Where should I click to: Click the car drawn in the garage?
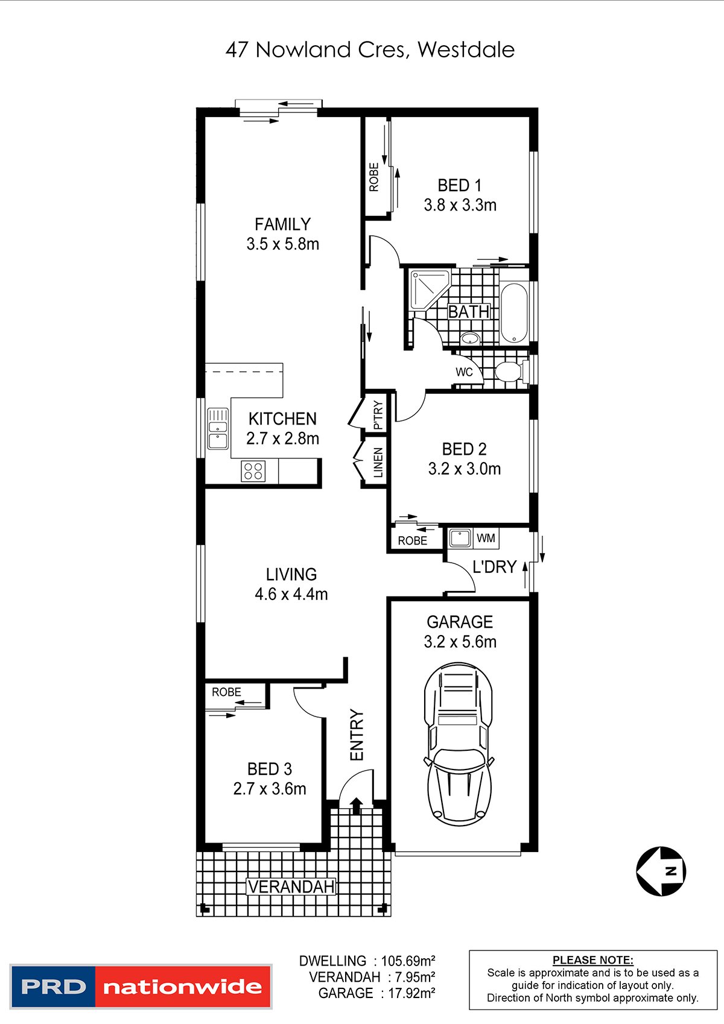point(459,744)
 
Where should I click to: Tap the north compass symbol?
point(661,871)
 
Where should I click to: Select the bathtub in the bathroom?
point(514,313)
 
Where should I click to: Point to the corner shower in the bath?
point(430,291)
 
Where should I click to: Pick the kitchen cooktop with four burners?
point(253,471)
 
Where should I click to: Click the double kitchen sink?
point(218,428)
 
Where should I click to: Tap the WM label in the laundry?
point(486,538)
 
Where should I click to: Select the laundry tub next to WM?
point(460,538)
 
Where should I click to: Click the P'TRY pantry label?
point(378,416)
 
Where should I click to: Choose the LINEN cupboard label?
point(378,463)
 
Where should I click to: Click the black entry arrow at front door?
point(357,805)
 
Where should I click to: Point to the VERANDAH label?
point(291,887)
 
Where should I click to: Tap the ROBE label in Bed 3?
point(226,692)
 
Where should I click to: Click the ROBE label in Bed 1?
point(374,177)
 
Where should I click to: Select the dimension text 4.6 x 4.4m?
point(291,594)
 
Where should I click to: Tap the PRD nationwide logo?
point(141,987)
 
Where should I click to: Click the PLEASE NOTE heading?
point(592,960)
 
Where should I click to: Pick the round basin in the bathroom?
point(469,338)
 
